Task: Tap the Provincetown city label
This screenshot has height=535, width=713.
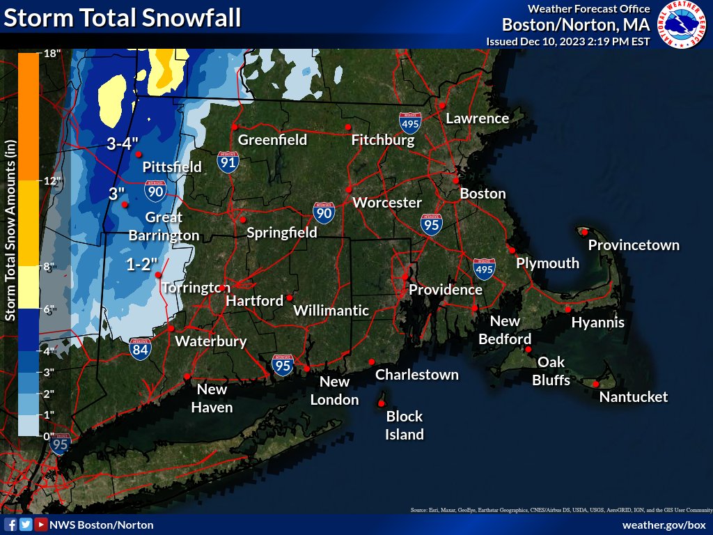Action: tap(633, 245)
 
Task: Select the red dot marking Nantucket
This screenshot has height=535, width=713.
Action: tap(596, 384)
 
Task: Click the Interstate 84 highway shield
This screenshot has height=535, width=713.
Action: tap(141, 349)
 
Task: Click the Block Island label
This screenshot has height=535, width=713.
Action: tap(405, 425)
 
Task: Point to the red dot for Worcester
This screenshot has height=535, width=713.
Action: tap(348, 189)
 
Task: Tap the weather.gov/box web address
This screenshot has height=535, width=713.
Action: tap(664, 525)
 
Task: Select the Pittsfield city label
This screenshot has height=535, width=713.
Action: tap(172, 167)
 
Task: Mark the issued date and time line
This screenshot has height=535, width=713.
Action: tap(567, 42)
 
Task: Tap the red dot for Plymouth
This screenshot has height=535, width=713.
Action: tap(512, 250)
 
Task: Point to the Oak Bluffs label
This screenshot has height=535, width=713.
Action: tap(551, 371)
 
